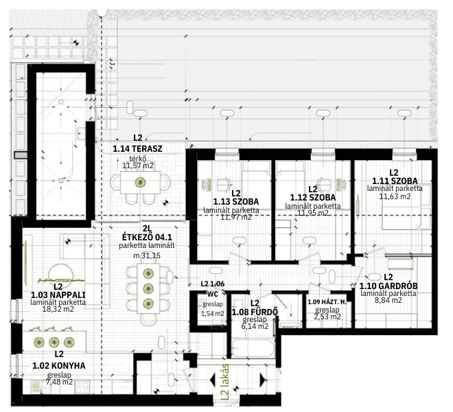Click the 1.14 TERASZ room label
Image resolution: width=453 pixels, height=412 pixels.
pos(137,148)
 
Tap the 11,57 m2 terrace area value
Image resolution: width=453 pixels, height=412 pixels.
pos(138,165)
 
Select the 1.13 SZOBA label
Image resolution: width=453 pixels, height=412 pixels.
pos(236,201)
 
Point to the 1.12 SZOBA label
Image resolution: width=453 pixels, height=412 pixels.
pos(313,198)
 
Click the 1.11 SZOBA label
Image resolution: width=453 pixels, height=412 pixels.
pos(395,181)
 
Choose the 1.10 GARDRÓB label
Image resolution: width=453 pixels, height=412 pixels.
pos(388,286)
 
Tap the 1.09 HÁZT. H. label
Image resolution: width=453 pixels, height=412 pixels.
pos(327,302)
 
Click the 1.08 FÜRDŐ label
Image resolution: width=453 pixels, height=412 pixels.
pos(255,312)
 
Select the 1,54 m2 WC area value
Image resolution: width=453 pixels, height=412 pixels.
pos(213,313)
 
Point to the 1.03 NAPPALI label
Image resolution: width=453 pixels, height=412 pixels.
pos(58,295)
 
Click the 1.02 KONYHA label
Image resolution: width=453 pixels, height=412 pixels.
pos(59,365)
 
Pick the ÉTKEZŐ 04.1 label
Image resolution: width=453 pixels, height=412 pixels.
pos(147,237)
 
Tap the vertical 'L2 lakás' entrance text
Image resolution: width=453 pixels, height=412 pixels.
pos(225,382)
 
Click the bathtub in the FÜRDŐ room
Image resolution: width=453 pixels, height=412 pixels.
pos(253,348)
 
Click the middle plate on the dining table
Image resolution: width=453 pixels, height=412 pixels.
pos(148,288)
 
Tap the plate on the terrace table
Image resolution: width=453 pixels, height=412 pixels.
pos(141,182)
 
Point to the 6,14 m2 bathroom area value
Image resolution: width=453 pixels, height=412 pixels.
pos(255,326)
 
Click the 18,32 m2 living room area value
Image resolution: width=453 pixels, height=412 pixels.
pos(58,309)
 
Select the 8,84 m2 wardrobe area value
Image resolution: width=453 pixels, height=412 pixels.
pos(388,300)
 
